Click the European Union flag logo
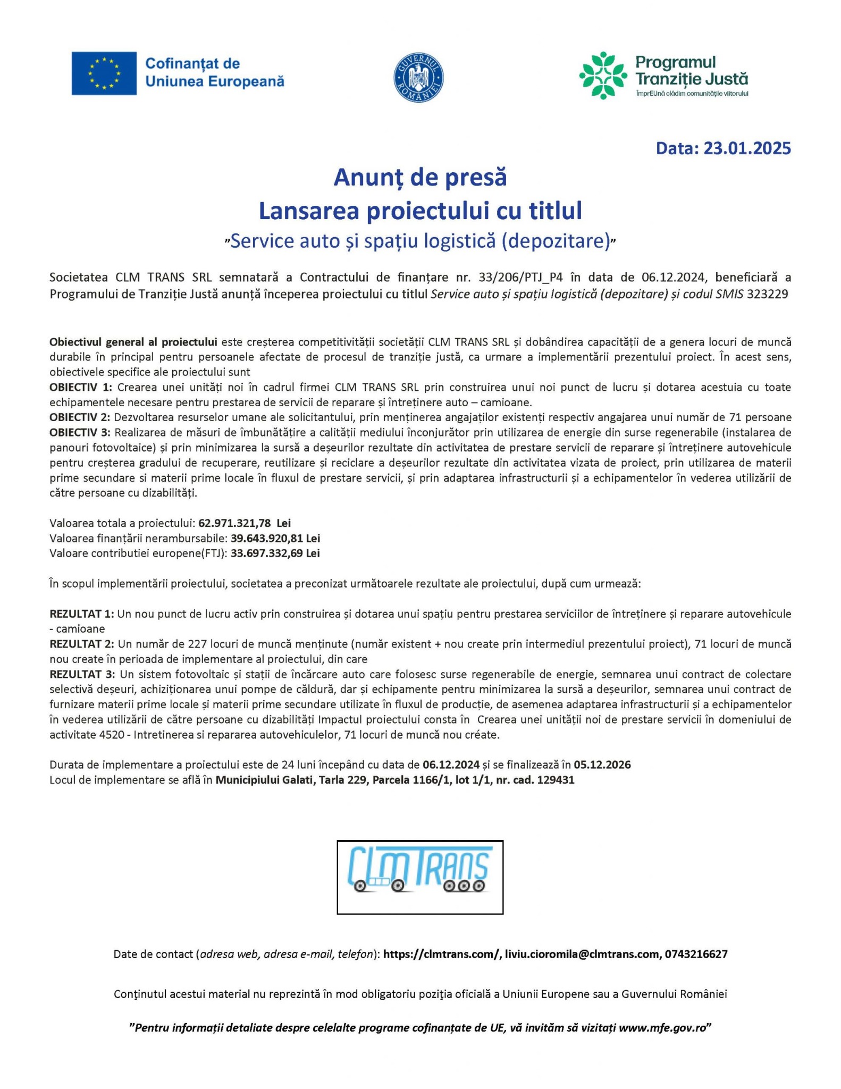click(x=104, y=73)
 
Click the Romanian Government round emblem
click(x=419, y=78)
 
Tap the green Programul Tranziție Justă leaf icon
click(x=602, y=76)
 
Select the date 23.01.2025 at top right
click(x=747, y=148)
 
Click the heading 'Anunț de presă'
click(x=420, y=178)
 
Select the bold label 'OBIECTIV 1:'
click(x=81, y=387)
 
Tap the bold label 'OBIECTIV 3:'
click(x=81, y=432)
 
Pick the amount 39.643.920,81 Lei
click(x=275, y=538)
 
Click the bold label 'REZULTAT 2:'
click(x=82, y=644)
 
